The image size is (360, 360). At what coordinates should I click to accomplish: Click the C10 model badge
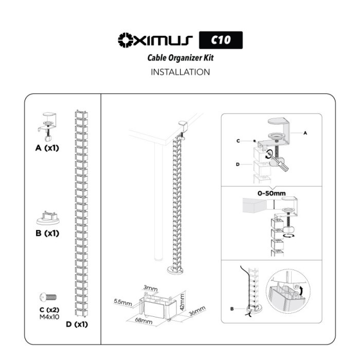(x=220, y=40)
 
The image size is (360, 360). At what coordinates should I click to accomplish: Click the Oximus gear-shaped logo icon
(x=125, y=40)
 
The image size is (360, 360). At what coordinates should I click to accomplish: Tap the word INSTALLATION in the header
(x=180, y=72)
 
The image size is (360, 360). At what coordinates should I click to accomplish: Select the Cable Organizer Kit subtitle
(x=180, y=58)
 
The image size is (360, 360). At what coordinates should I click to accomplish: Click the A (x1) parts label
(x=47, y=148)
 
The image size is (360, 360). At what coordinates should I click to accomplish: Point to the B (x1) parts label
(x=47, y=233)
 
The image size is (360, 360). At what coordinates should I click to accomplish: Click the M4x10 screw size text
(x=49, y=317)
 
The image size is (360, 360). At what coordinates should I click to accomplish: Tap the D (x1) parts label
(x=77, y=325)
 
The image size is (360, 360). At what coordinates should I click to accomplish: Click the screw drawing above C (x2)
(x=48, y=297)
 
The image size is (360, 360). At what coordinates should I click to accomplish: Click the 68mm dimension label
(x=145, y=321)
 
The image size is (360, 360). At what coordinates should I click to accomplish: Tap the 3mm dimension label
(x=151, y=289)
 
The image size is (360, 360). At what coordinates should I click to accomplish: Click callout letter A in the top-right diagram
(x=305, y=133)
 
